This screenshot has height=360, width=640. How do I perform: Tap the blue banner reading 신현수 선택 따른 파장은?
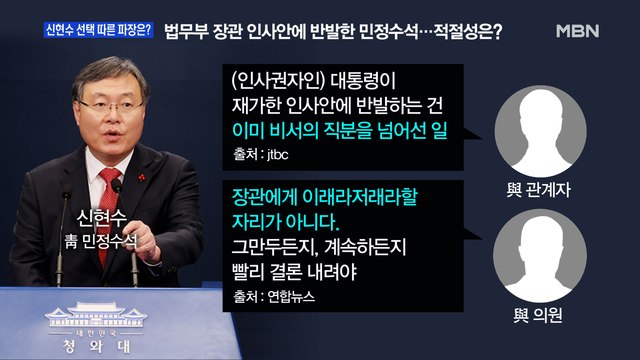tap(97, 28)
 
